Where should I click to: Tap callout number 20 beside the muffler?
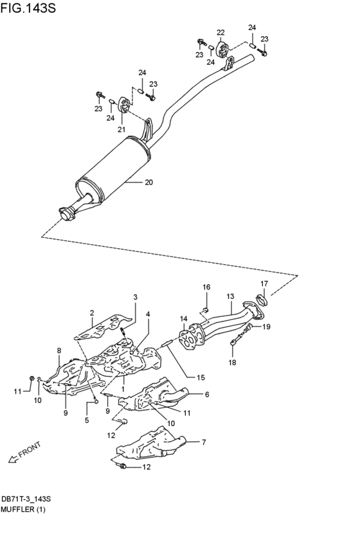point(148,183)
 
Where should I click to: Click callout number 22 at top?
point(221,33)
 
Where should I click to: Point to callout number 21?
point(120,129)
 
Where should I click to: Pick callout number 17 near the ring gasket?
point(264,283)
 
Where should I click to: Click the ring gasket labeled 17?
point(262,298)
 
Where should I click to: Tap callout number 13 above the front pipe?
point(230,296)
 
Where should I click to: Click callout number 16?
point(206,287)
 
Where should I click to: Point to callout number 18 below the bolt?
point(232,363)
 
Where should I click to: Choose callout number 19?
point(266,327)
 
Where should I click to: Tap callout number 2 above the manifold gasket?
point(92,313)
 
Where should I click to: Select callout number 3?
point(136,297)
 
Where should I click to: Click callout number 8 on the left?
point(59,350)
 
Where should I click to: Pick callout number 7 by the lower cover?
point(204,442)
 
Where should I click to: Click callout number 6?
point(208,395)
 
